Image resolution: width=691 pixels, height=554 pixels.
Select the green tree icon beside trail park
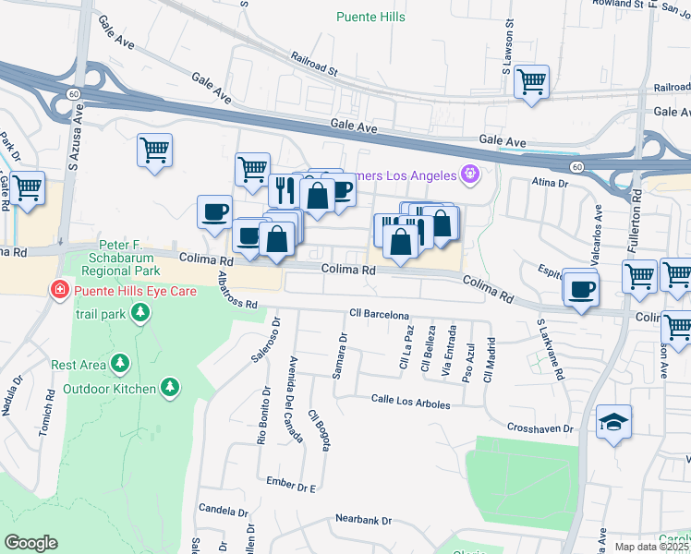pyautogui.click(x=139, y=314)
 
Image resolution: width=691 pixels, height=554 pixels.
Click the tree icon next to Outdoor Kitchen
pyautogui.click(x=169, y=389)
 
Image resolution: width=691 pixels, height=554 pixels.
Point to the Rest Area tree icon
pyautogui.click(x=119, y=365)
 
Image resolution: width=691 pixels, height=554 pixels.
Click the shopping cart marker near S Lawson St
pyautogui.click(x=531, y=82)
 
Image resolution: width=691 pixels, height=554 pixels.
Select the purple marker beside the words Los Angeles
pyautogui.click(x=470, y=174)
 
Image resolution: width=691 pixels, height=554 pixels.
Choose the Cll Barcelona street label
pyautogui.click(x=379, y=315)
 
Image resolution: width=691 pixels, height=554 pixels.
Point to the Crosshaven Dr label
pyautogui.click(x=540, y=428)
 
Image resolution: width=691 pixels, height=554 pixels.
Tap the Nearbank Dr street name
pyautogui.click(x=364, y=521)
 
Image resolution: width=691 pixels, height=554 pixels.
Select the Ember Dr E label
pyautogui.click(x=292, y=485)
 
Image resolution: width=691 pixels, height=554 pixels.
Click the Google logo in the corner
pyautogui.click(x=30, y=543)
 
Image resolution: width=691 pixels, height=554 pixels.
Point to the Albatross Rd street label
pyautogui.click(x=237, y=292)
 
